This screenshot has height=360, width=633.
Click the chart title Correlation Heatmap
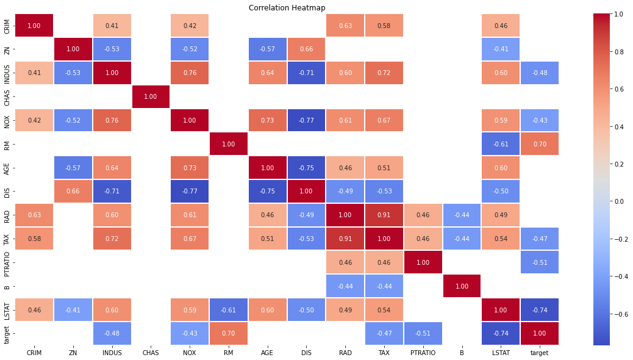click(x=287, y=8)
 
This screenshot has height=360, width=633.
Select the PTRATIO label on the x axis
click(x=423, y=353)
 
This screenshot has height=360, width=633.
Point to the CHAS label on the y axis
click(x=7, y=96)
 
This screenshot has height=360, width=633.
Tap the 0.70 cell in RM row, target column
click(x=539, y=144)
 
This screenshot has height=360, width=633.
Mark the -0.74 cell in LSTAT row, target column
click(x=539, y=310)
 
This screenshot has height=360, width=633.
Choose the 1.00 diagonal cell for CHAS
click(x=151, y=96)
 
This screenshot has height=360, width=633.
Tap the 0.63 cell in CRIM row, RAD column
click(x=345, y=25)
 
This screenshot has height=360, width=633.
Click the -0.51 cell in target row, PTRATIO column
click(x=423, y=334)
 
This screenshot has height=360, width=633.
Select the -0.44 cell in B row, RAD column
click(x=345, y=286)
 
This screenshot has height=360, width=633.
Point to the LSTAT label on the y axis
click(x=7, y=310)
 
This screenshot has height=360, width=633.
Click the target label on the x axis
click(x=539, y=353)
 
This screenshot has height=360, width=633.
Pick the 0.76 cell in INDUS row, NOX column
click(x=190, y=73)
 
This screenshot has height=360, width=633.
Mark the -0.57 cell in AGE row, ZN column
click(x=73, y=168)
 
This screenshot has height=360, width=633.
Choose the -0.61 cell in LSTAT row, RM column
click(x=229, y=310)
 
